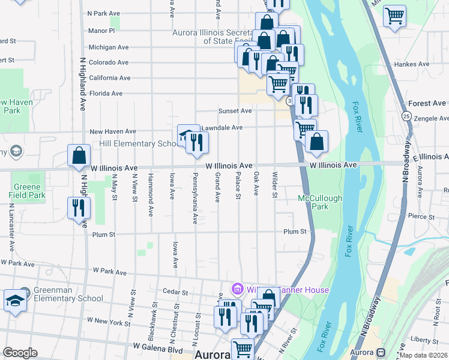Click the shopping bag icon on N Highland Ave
(x=79, y=156)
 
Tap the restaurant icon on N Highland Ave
(x=79, y=208)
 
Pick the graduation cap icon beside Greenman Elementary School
(x=15, y=301)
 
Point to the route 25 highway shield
(x=406, y=116)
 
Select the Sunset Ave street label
(x=235, y=111)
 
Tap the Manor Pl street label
(x=101, y=31)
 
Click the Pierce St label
(x=420, y=216)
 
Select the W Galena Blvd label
(x=157, y=347)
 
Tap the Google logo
(x=20, y=353)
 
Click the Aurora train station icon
(x=381, y=352)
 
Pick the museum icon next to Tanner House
(x=238, y=290)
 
